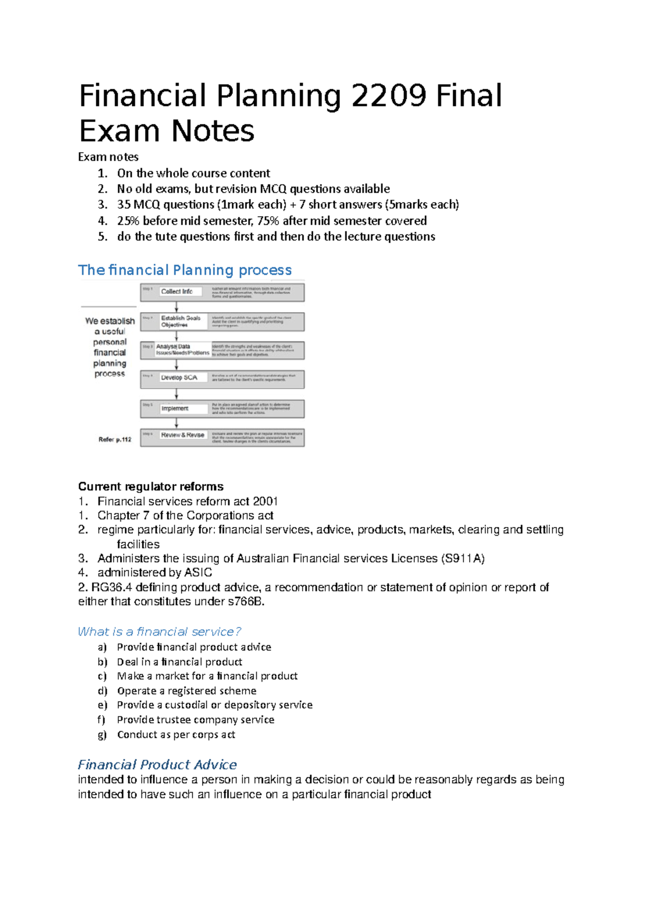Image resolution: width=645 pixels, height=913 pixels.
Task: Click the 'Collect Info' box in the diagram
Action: tap(177, 291)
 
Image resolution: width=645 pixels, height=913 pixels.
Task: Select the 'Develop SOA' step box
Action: tap(180, 378)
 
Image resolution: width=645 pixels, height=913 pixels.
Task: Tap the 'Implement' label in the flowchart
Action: tap(175, 409)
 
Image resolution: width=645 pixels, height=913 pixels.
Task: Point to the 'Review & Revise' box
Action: tap(183, 435)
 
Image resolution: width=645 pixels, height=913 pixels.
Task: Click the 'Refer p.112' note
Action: tap(115, 440)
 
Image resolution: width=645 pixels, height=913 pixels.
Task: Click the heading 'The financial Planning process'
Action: tap(185, 270)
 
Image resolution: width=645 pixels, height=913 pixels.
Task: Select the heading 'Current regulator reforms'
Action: tap(150, 487)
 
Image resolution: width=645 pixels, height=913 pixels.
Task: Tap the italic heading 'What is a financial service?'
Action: tap(160, 632)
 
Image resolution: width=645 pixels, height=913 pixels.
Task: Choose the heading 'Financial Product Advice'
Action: tap(157, 765)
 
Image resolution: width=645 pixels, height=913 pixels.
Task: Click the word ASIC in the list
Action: tap(198, 573)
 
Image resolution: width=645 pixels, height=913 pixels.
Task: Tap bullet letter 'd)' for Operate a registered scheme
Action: tap(102, 691)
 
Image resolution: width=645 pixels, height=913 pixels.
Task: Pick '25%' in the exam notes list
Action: tap(128, 221)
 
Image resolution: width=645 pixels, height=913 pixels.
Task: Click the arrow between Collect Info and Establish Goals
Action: tap(176, 307)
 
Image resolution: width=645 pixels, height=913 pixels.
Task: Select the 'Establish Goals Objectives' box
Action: tap(181, 322)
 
